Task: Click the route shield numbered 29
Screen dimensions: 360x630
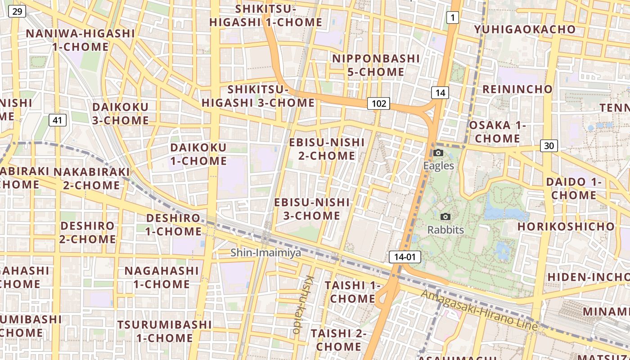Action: [x=17, y=11]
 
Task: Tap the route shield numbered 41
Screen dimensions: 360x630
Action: [x=57, y=120]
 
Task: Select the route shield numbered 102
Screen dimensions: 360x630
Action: [x=378, y=103]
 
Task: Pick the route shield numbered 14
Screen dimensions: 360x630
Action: [x=440, y=93]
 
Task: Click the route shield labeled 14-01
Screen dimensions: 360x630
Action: [x=405, y=257]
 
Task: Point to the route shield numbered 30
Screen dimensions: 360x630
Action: [x=549, y=145]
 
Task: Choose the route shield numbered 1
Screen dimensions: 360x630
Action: [x=452, y=18]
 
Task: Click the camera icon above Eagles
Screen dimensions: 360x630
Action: [x=438, y=153]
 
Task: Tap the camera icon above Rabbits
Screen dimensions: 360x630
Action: [x=445, y=217]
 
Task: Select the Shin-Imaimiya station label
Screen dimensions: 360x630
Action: [x=265, y=253]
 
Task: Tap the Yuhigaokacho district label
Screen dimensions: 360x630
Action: [x=525, y=30]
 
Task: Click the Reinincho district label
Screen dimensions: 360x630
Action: [x=517, y=89]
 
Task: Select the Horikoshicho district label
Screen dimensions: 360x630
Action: [x=566, y=226]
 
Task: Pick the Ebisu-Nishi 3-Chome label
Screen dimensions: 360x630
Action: [x=312, y=209]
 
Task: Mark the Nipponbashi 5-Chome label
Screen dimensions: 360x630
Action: [x=376, y=65]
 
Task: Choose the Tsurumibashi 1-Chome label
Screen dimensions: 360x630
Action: [x=164, y=331]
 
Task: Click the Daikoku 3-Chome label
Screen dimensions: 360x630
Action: [x=120, y=113]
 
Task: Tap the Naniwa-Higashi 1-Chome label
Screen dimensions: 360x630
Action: [x=81, y=40]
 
